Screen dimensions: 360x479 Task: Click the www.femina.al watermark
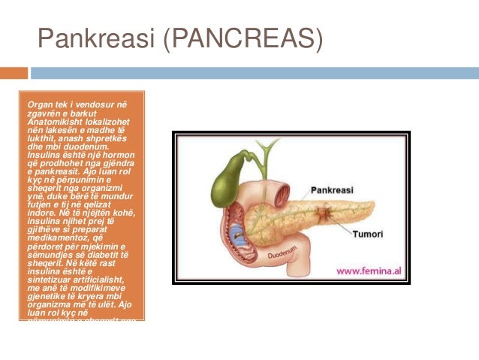click(x=372, y=271)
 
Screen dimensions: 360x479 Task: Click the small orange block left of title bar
click(x=14, y=73)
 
